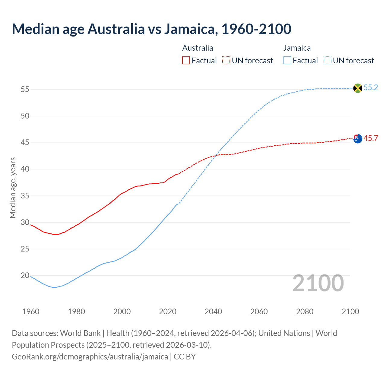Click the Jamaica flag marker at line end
[x=357, y=88]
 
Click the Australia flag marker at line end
[x=357, y=139]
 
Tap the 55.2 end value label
[x=371, y=88]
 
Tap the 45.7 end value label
[x=371, y=138]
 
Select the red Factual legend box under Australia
[x=186, y=61]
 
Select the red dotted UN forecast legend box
[x=226, y=61]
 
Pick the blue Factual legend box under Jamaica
[x=287, y=61]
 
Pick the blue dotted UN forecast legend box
[x=327, y=61]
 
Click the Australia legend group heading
[x=198, y=48]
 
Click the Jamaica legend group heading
[x=297, y=48]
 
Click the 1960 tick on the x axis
[x=31, y=312]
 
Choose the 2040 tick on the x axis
[x=213, y=312]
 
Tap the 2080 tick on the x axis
[x=305, y=312]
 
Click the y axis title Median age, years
[x=13, y=188]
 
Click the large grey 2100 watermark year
[x=318, y=283]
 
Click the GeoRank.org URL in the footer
[x=90, y=357]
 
